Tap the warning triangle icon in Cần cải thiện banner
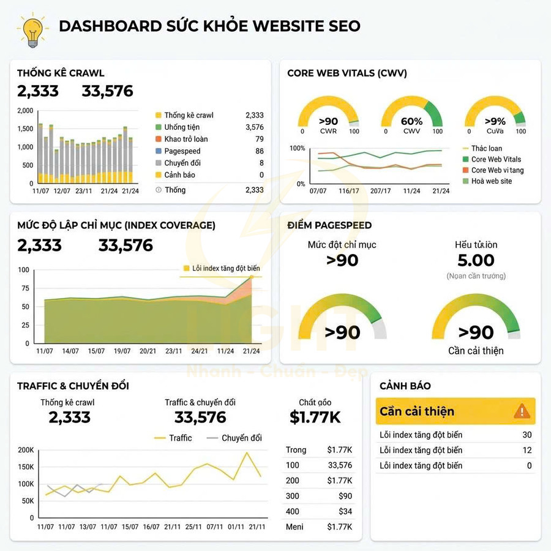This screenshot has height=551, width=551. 521,411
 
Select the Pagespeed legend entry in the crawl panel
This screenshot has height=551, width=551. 182,151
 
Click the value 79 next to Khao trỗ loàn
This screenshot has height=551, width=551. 259,139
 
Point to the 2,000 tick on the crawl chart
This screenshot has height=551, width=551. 25,111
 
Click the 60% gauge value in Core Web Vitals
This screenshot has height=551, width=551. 411,121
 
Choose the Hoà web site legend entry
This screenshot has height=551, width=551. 491,181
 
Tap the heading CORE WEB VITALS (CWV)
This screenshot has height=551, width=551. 347,73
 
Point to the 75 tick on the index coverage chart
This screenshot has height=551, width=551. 24,288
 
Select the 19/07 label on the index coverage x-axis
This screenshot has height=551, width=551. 122,351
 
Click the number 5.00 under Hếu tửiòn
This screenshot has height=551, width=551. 476,260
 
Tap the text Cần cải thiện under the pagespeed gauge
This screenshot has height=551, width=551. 476,351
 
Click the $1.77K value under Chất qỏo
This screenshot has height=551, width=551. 315,418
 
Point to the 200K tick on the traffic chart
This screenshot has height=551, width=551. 26,450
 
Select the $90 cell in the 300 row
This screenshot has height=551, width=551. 345,496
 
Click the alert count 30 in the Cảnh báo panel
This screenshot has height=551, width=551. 527,435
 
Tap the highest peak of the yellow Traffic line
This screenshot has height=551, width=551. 247,453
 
